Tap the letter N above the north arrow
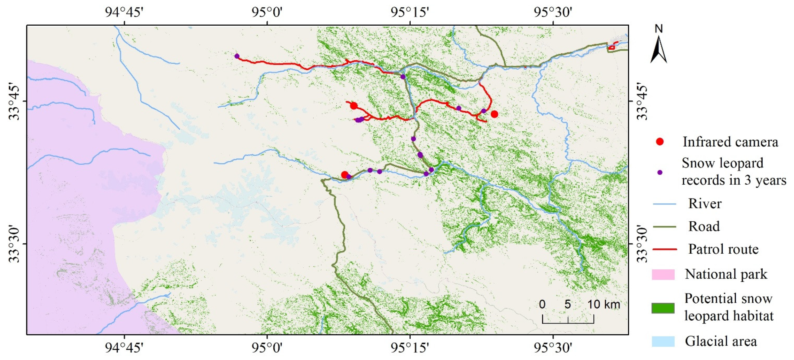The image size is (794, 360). click(659, 29)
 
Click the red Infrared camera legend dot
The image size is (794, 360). click(660, 142)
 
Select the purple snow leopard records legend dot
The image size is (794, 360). click(660, 172)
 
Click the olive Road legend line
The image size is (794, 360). click(664, 227)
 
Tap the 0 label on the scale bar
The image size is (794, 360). click(542, 305)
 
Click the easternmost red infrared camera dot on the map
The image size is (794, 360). click(494, 114)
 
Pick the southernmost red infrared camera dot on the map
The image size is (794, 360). click(345, 175)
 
